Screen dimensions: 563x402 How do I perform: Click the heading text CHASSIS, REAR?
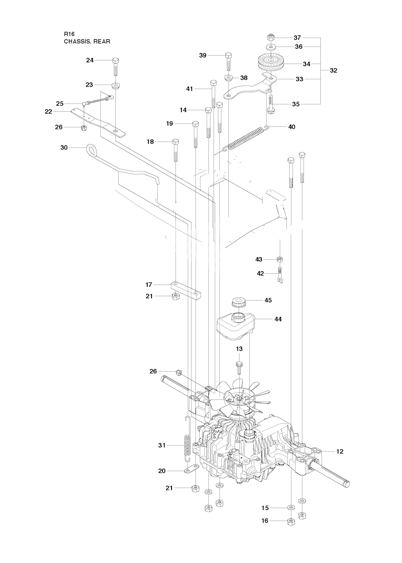point(87,41)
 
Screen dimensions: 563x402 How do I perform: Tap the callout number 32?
point(333,71)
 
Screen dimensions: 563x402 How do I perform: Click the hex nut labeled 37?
point(270,38)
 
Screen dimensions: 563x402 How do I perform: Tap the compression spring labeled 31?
point(188,445)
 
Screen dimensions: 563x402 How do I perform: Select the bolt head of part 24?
point(115,60)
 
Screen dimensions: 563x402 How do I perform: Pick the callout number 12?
point(340,452)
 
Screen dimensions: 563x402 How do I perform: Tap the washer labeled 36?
point(271,47)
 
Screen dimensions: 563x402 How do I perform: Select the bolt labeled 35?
point(270,103)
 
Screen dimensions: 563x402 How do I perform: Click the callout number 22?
point(48,111)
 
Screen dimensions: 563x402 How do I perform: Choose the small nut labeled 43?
point(280,259)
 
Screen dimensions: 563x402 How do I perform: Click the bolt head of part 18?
point(175,142)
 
